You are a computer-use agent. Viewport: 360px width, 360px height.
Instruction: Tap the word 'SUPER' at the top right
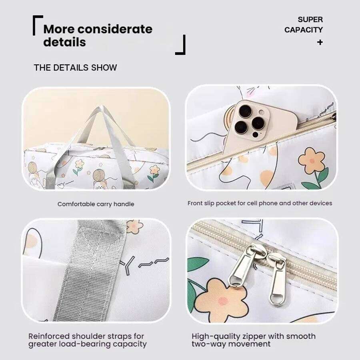(x=310, y=19)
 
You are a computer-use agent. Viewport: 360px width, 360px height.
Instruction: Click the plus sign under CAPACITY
(x=320, y=42)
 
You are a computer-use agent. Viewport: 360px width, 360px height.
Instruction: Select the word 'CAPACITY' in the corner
(x=304, y=30)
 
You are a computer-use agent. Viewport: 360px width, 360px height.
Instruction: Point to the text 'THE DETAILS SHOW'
(x=75, y=68)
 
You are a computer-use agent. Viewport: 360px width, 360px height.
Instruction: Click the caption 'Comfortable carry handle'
(x=96, y=204)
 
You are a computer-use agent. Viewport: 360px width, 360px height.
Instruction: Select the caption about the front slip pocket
(x=260, y=203)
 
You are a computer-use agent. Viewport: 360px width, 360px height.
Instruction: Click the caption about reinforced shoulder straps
(x=87, y=340)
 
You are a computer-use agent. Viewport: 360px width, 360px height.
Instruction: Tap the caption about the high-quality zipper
(x=253, y=340)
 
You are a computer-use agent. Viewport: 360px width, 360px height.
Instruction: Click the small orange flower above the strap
(x=134, y=226)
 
